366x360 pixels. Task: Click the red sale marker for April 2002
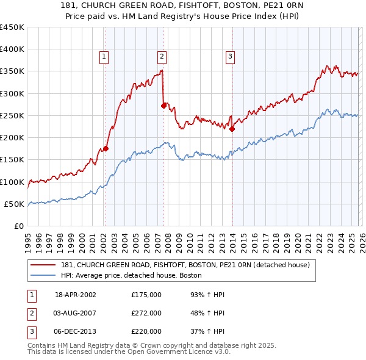(x=106, y=148)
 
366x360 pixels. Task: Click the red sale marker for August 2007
(x=163, y=106)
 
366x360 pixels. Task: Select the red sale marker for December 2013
(x=232, y=129)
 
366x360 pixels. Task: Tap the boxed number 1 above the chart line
(x=104, y=57)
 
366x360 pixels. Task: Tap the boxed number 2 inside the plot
(x=162, y=57)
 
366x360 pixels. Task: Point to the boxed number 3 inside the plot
(x=231, y=57)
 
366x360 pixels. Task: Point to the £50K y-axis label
(x=15, y=204)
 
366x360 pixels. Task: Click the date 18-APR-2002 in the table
(x=75, y=295)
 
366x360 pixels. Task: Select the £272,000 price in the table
(x=146, y=313)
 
